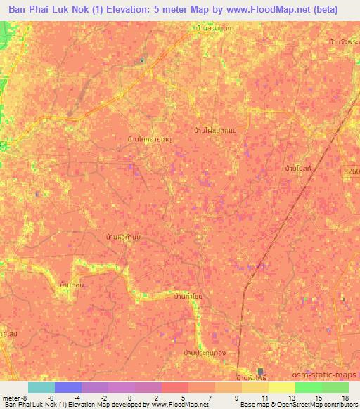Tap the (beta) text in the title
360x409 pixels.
323,10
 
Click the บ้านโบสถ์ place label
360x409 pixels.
299,168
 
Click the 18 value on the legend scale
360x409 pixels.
345,397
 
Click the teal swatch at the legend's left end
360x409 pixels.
41,387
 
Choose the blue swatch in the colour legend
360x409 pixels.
67,387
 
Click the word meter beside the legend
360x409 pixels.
11,397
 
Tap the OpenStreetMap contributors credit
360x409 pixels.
319,405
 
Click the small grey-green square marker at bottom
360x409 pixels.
261,371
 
